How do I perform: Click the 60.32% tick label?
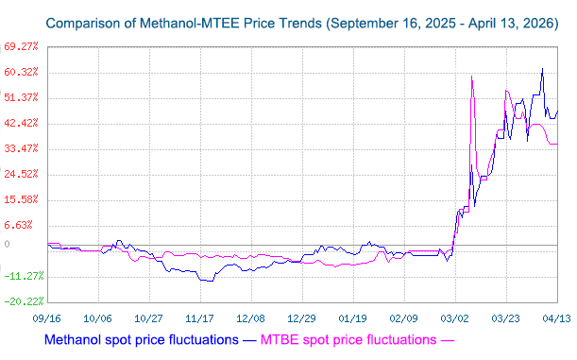pyautogui.click(x=21, y=72)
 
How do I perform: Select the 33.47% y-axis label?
pyautogui.click(x=21, y=148)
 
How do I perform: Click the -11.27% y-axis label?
pyautogui.click(x=22, y=276)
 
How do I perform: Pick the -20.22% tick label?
pyautogui.click(x=22, y=301)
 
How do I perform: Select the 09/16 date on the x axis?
pyautogui.click(x=48, y=319)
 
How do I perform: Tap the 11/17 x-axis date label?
pyautogui.click(x=199, y=319)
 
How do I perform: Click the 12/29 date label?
pyautogui.click(x=301, y=319)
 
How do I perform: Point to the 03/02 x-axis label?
pyautogui.click(x=454, y=319)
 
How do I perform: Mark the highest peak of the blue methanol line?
pyautogui.click(x=542, y=68)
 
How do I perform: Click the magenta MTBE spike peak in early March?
pyautogui.click(x=471, y=77)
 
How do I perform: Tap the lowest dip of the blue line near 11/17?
pyautogui.click(x=206, y=281)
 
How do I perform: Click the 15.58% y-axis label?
pyautogui.click(x=21, y=199)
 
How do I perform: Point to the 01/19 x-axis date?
pyautogui.click(x=352, y=319)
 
